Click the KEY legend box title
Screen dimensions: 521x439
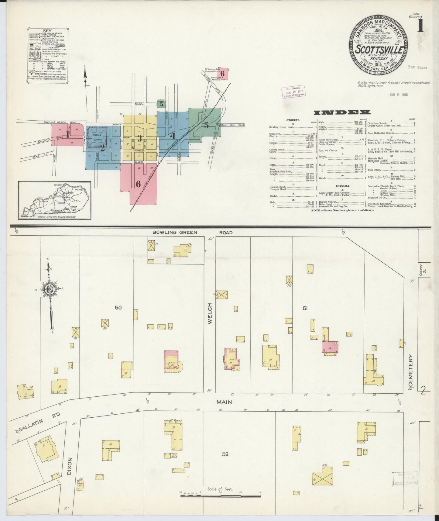click(x=47, y=31)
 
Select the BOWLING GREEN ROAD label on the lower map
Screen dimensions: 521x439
click(x=192, y=233)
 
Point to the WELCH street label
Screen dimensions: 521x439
click(x=210, y=314)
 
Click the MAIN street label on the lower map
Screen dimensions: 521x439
click(x=224, y=402)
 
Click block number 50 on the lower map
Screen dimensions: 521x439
click(x=118, y=308)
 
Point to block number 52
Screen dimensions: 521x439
click(x=225, y=454)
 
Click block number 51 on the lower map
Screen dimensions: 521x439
click(x=305, y=308)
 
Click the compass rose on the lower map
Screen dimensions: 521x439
click(x=48, y=289)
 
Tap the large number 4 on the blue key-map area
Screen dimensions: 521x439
click(x=173, y=136)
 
